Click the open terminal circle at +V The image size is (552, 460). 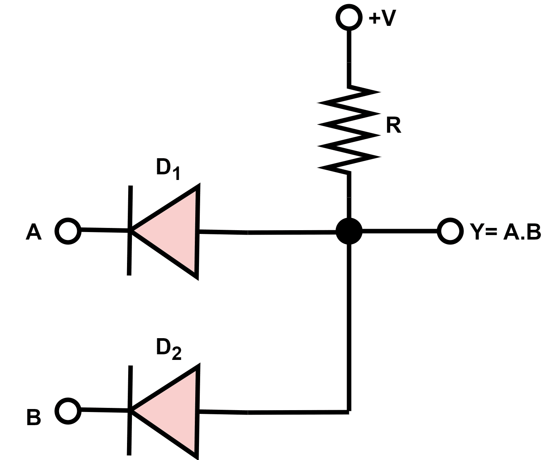(x=349, y=17)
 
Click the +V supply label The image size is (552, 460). (x=382, y=18)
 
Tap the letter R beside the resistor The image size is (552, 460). (x=393, y=126)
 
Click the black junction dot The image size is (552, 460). (x=349, y=231)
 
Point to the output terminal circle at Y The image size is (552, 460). (x=449, y=231)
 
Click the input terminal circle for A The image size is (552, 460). (x=68, y=231)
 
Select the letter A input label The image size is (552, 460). (x=33, y=232)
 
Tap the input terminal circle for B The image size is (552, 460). (x=68, y=411)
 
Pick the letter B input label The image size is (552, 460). (x=33, y=418)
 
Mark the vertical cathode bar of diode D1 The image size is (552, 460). (x=130, y=231)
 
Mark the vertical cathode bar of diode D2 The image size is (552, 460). (x=130, y=411)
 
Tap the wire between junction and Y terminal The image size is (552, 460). (x=399, y=231)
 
